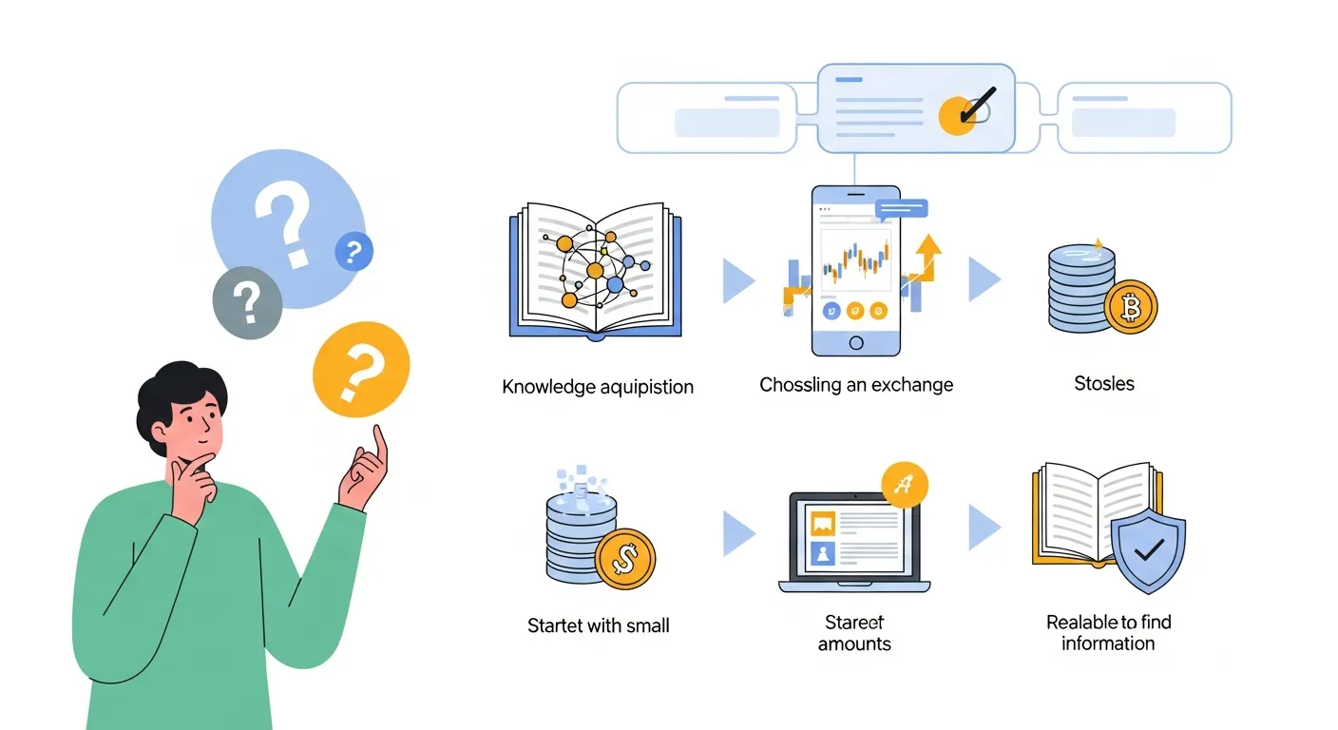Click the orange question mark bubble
(361, 370)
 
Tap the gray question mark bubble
(247, 302)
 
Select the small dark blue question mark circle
(354, 252)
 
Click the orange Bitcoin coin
(1132, 306)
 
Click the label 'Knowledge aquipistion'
(598, 387)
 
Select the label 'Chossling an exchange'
(856, 385)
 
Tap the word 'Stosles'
(1104, 384)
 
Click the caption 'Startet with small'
(599, 625)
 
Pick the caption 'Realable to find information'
(1108, 633)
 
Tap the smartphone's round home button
(855, 342)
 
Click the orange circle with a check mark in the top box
(958, 115)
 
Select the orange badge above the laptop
(905, 485)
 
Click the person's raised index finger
(381, 440)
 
